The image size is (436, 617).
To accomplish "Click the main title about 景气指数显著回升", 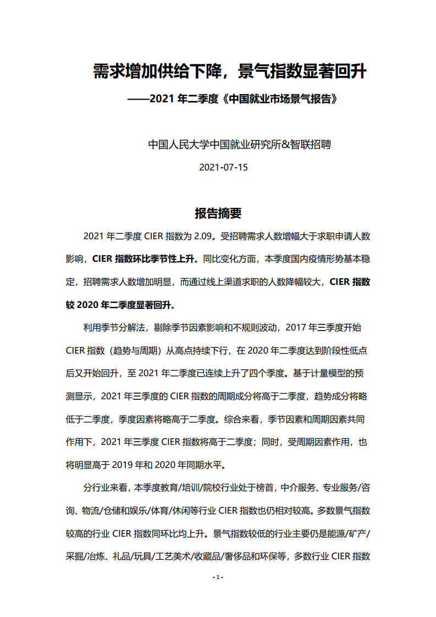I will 229,71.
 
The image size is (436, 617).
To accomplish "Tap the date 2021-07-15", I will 223,167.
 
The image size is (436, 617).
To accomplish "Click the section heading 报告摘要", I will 218,213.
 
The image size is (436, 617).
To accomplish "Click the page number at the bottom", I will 218,577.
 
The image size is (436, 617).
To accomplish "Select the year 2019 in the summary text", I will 126,464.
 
